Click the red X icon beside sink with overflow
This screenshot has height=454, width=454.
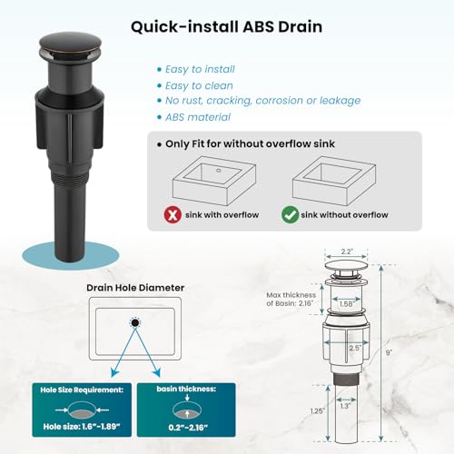click(x=173, y=215)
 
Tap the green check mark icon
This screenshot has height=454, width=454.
click(x=291, y=215)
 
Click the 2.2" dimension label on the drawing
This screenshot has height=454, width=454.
click(x=347, y=252)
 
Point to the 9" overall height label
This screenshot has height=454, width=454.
click(x=389, y=352)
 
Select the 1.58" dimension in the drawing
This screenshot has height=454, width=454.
click(x=346, y=304)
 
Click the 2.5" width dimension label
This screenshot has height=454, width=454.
click(x=355, y=348)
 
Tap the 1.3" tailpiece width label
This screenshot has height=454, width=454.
click(x=345, y=406)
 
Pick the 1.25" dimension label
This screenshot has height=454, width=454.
click(x=317, y=411)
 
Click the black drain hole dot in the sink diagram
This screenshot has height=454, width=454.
click(x=135, y=323)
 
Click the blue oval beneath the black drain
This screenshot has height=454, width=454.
click(x=71, y=257)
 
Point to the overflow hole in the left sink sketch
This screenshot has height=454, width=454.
click(x=219, y=171)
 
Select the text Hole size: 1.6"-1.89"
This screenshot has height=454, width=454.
click(x=82, y=427)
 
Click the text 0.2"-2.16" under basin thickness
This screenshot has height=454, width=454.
click(x=188, y=428)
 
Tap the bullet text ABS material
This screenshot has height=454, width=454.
click(x=198, y=117)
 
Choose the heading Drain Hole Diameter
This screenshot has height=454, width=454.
click(x=135, y=288)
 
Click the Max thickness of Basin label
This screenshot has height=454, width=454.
click(x=291, y=299)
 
